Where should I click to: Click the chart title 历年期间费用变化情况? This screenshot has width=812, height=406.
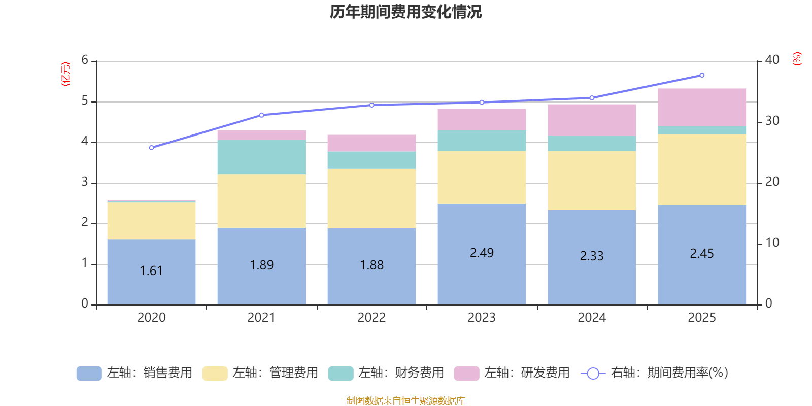pyautogui.click(x=405, y=12)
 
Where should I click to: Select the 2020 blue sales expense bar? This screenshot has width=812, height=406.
pyautogui.click(x=151, y=272)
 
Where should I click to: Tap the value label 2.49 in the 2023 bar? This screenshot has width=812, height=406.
pyautogui.click(x=482, y=253)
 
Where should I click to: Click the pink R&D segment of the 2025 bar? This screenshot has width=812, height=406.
pyautogui.click(x=702, y=107)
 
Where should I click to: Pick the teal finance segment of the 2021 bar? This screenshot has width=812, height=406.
pyautogui.click(x=261, y=157)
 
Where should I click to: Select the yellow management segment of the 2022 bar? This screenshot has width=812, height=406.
pyautogui.click(x=371, y=198)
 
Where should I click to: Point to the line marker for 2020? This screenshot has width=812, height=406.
pyautogui.click(x=151, y=148)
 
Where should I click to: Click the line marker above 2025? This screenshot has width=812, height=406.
pyautogui.click(x=702, y=75)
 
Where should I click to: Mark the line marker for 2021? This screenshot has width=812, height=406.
pyautogui.click(x=261, y=115)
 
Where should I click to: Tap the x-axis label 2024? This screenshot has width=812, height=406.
pyautogui.click(x=592, y=318)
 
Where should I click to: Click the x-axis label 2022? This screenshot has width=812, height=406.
pyautogui.click(x=371, y=318)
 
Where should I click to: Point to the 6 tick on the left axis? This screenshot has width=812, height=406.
pyautogui.click(x=85, y=60)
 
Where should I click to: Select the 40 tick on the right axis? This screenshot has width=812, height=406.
pyautogui.click(x=772, y=60)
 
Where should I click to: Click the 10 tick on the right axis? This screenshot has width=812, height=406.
pyautogui.click(x=772, y=243)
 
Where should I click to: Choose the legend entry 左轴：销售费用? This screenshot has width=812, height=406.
pyautogui.click(x=134, y=373)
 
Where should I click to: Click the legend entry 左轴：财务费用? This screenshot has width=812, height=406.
pyautogui.click(x=386, y=373)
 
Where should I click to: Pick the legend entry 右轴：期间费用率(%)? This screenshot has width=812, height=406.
pyautogui.click(x=657, y=373)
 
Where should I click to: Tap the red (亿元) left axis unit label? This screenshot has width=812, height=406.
pyautogui.click(x=65, y=74)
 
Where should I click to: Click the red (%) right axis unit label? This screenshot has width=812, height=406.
pyautogui.click(x=797, y=59)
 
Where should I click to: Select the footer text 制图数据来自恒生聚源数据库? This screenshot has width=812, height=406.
pyautogui.click(x=405, y=401)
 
